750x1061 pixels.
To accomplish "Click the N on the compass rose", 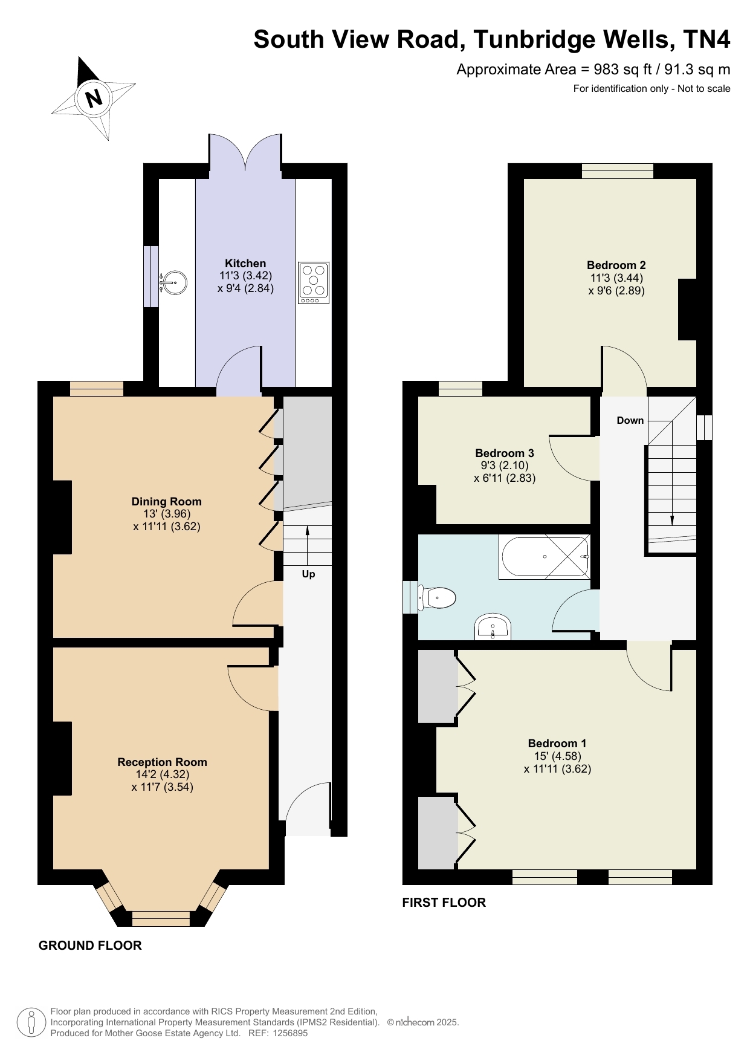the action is (x=94, y=98).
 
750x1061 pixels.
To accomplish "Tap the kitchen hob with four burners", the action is (x=314, y=283).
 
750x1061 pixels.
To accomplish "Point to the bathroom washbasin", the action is (x=493, y=627).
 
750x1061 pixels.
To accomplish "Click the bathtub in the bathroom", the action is (x=544, y=557).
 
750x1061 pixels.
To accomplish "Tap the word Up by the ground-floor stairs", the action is (x=308, y=574).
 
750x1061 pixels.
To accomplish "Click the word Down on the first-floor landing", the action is (x=630, y=420).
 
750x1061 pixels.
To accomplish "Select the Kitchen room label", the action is (x=245, y=263).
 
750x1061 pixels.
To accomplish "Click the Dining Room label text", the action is (x=167, y=501).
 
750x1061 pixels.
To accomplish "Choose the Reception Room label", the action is (x=162, y=762).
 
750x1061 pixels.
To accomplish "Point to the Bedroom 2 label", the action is (x=616, y=265).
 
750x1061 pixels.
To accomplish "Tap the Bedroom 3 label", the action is (x=505, y=453).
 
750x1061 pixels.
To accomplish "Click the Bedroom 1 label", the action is (x=557, y=743).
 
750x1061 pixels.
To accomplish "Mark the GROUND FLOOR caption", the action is (x=90, y=946).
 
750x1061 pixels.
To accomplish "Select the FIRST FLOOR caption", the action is (x=444, y=903).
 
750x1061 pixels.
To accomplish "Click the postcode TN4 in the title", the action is (x=706, y=39).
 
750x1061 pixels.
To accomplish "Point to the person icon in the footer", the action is (x=31, y=1022).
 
